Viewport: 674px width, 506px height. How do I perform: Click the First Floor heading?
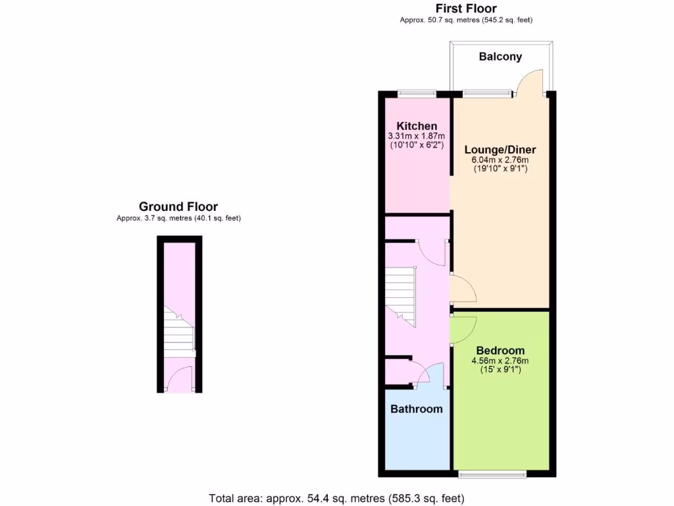(466, 9)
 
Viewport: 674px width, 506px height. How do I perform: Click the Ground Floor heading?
(178, 207)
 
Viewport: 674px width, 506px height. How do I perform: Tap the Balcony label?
(500, 57)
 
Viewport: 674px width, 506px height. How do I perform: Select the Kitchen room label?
(416, 126)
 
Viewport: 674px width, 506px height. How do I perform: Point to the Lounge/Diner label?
(500, 150)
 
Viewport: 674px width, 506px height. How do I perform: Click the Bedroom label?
(500, 351)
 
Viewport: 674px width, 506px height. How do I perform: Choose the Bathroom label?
(417, 409)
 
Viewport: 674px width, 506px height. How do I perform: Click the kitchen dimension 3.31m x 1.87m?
(416, 136)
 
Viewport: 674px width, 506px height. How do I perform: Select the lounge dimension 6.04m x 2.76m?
(500, 159)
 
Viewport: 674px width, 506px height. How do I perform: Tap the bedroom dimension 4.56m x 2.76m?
(500, 360)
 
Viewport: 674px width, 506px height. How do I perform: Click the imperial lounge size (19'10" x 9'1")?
(500, 169)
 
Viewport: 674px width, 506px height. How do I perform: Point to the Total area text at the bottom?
(337, 498)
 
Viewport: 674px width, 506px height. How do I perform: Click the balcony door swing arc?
(530, 82)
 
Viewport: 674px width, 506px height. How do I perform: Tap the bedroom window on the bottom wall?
(492, 474)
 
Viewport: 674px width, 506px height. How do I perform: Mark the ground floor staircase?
(178, 333)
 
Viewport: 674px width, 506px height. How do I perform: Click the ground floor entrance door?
(178, 380)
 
